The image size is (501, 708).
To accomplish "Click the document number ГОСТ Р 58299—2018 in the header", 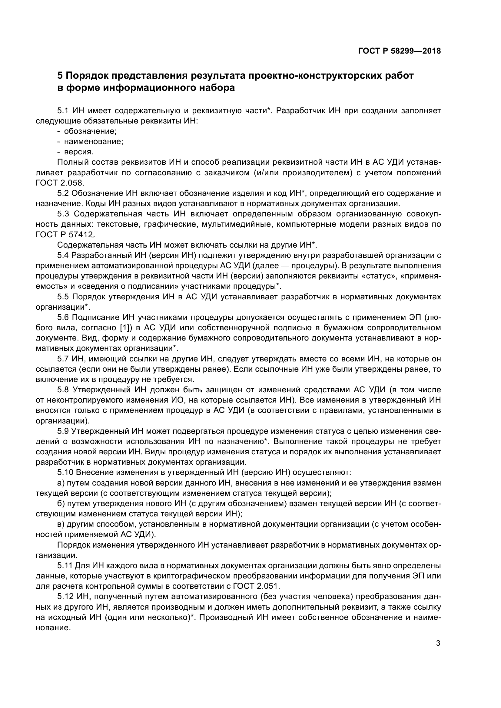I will (400, 51).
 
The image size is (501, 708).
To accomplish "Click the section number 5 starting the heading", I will (60, 76).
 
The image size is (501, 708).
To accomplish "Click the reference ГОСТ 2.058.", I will (60, 183).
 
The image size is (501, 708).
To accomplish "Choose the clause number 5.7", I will (63, 359).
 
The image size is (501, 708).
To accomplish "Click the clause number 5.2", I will (63, 193).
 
